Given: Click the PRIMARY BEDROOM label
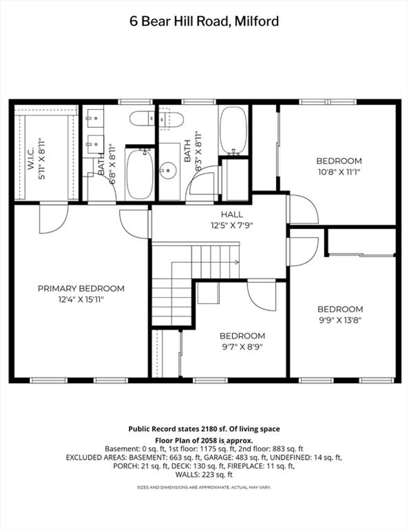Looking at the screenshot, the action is pos(81,288).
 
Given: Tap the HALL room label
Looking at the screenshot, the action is pos(232,215).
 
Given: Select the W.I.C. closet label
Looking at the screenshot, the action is pos(31,160).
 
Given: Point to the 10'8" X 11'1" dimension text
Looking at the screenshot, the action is pos(339,172).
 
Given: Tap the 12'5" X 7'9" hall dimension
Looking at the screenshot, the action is pos(232,225).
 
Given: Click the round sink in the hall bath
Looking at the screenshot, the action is pos(168,171).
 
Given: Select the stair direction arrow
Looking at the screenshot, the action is pos(206,262).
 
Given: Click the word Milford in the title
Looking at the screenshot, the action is pos(257,21).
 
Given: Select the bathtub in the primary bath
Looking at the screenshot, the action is pos(140,174).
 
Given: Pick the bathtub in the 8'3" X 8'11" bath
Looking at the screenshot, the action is pos(233,130).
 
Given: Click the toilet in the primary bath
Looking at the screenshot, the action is pos(142,118).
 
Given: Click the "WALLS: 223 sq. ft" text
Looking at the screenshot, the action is pos(204,474).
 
